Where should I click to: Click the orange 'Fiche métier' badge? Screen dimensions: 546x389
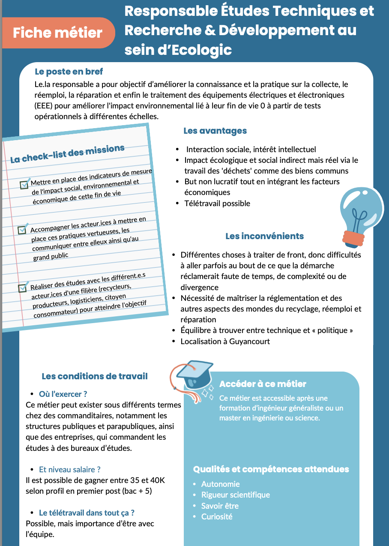[58, 33]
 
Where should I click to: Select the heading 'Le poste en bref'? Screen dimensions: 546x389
[69, 72]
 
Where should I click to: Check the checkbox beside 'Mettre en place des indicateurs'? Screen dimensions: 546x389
[24, 185]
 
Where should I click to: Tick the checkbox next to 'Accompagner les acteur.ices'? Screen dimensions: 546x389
[22, 230]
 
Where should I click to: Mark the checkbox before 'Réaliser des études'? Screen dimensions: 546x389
[23, 288]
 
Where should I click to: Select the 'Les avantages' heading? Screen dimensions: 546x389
[215, 131]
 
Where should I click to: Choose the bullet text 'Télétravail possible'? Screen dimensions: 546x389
[217, 203]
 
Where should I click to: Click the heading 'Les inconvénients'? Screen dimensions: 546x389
[264, 236]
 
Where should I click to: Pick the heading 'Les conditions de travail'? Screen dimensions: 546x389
[94, 376]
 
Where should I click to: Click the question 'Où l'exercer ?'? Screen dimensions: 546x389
[63, 394]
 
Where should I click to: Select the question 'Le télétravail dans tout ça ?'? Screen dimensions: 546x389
[87, 513]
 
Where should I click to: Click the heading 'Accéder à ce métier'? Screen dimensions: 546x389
[263, 384]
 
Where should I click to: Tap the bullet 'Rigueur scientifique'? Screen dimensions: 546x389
[236, 495]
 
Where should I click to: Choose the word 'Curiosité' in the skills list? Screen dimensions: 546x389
[217, 516]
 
